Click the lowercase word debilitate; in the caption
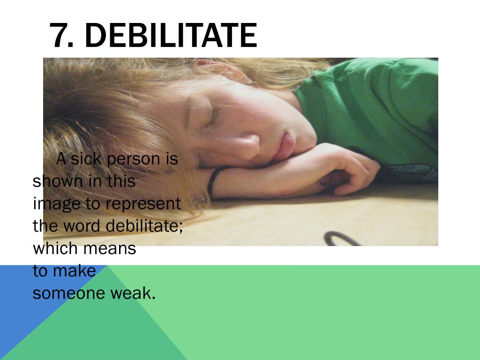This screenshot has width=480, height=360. coord(144,226)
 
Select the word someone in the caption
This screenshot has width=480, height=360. coord(69,293)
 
